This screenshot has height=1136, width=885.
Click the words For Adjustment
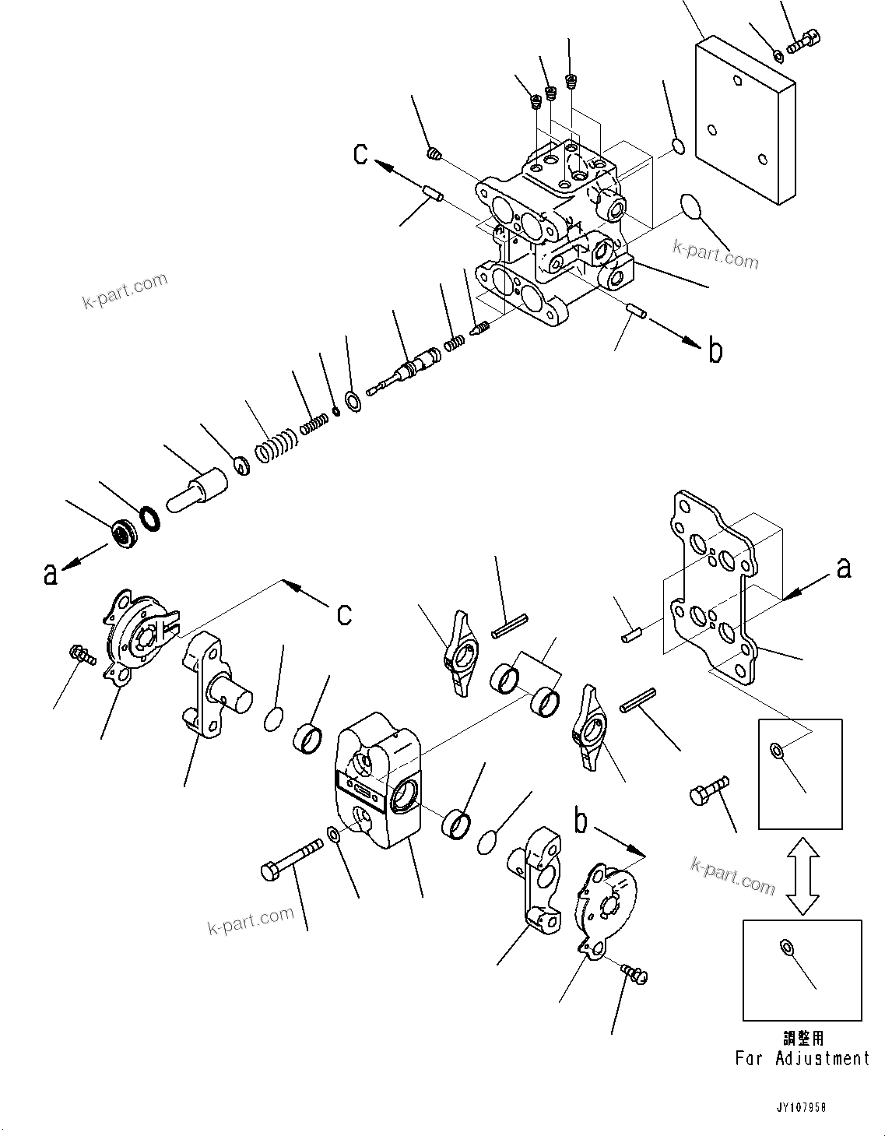pos(802,1058)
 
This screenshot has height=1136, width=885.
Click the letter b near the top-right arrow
pos(715,352)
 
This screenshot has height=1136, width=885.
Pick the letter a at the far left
pos(51,575)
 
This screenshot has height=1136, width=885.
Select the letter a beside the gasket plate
pos(844,569)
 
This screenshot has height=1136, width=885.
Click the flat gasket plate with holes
pos(712,584)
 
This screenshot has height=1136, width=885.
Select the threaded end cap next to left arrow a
pos(124,533)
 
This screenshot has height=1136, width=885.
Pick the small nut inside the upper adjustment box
pos(776,750)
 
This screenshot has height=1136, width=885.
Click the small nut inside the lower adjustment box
pos(786,947)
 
